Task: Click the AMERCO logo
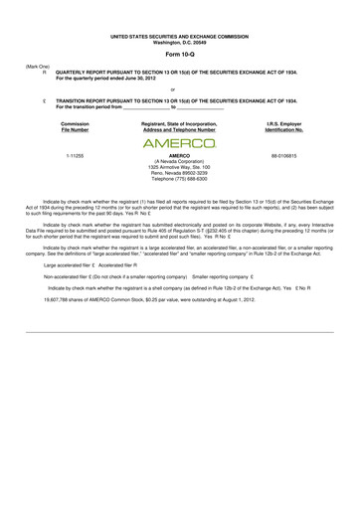click(x=179, y=141)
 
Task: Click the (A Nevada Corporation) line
click(x=179, y=163)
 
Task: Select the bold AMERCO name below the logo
click(x=179, y=156)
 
